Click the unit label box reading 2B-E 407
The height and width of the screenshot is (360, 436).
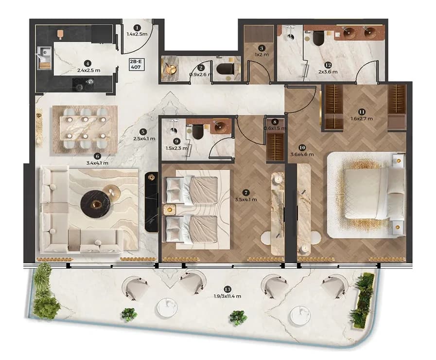click(136, 64)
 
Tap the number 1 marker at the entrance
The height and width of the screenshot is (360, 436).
click(137, 28)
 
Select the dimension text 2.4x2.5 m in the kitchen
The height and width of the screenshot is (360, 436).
click(88, 71)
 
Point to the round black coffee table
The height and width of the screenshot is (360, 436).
click(95, 204)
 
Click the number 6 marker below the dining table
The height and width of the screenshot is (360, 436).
click(97, 156)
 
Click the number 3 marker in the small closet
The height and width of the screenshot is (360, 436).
click(261, 48)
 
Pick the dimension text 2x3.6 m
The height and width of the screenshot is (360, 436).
click(328, 72)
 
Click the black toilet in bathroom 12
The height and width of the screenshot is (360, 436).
click(318, 38)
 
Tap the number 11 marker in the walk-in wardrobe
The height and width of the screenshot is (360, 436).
click(362, 112)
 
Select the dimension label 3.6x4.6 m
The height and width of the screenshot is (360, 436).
click(302, 154)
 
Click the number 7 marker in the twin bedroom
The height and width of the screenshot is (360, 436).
click(245, 193)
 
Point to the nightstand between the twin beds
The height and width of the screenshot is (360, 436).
click(169, 210)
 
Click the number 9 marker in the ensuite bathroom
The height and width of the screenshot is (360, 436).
click(176, 142)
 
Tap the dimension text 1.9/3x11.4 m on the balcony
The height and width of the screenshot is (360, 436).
click(227, 296)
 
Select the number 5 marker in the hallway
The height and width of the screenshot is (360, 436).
click(143, 132)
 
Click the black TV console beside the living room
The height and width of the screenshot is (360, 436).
click(152, 202)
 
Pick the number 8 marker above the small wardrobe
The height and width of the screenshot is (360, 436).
click(275, 122)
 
